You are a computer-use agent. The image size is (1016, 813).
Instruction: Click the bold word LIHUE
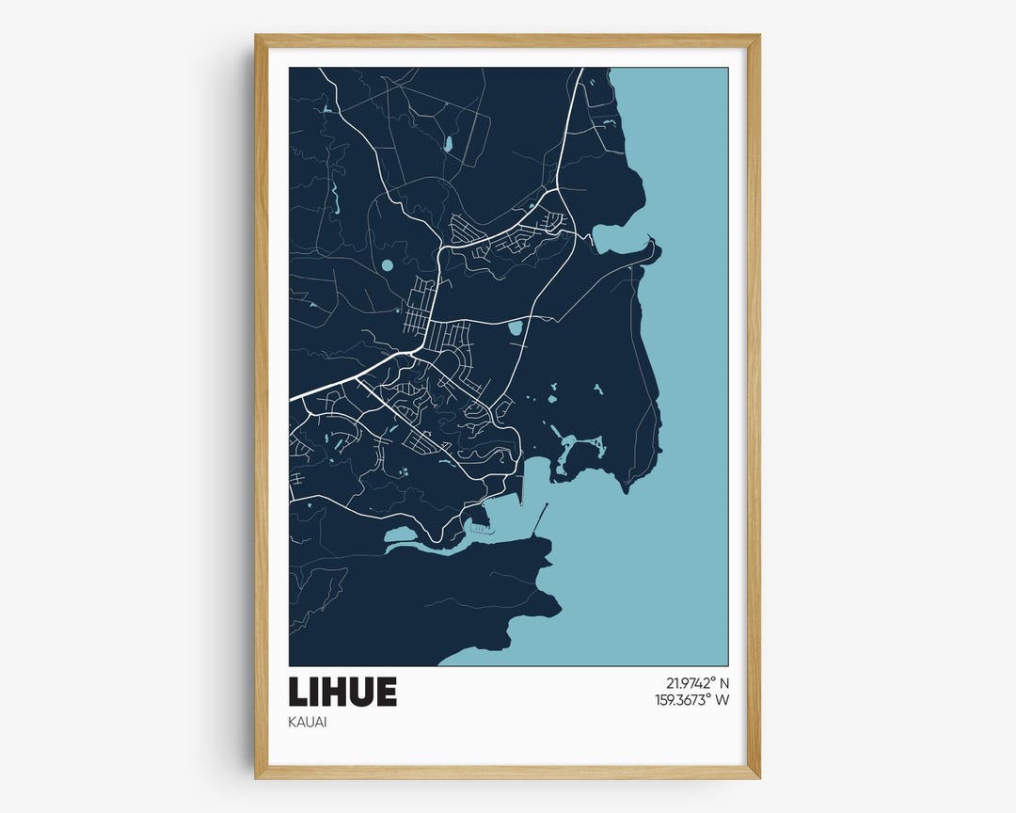coord(342,692)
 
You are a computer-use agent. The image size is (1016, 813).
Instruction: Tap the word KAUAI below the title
coord(308,723)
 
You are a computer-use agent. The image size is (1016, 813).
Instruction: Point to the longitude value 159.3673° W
coord(691,700)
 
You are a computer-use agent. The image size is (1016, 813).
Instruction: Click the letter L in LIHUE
coord(298,692)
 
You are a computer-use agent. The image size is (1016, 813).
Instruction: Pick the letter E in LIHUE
coord(386,692)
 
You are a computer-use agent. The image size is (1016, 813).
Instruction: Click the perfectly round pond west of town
coord(388,265)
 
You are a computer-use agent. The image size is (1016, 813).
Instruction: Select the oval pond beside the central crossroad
coord(515,328)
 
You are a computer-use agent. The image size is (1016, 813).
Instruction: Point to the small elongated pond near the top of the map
coord(448,145)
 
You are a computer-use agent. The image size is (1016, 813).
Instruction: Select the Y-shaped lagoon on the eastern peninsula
coord(572,450)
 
